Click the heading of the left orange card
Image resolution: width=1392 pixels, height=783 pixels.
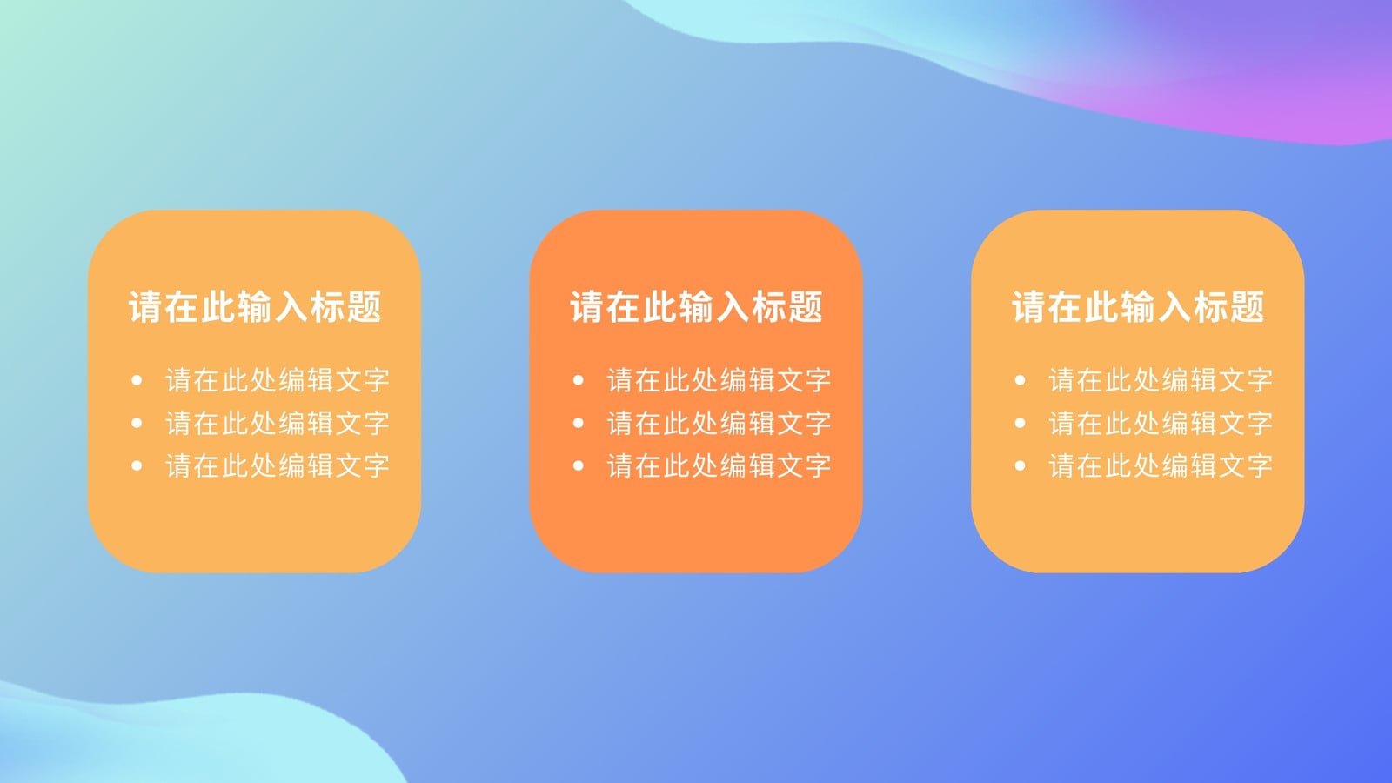255,306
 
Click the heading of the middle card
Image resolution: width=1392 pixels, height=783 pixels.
697,306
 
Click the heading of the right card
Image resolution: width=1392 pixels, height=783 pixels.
1138,306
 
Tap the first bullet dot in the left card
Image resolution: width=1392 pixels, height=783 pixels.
137,379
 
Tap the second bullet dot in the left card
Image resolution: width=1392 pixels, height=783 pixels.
137,423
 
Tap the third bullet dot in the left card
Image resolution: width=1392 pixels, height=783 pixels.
137,465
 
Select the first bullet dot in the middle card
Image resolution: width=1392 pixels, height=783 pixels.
578,379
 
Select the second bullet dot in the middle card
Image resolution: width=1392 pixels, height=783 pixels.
578,423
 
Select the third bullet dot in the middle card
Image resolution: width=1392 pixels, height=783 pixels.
578,465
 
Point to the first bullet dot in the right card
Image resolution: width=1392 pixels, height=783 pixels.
1020,379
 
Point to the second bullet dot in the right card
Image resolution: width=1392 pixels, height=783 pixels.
1020,423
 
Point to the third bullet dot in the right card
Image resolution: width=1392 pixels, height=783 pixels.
1020,465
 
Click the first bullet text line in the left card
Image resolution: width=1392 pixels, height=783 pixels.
278,380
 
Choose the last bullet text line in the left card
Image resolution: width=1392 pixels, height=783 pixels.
278,466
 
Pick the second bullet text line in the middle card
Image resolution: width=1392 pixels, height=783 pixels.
719,424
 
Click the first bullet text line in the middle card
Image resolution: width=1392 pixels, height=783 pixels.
719,380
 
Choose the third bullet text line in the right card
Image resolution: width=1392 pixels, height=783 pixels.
1161,466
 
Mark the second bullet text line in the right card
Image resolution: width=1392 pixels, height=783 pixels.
1161,424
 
